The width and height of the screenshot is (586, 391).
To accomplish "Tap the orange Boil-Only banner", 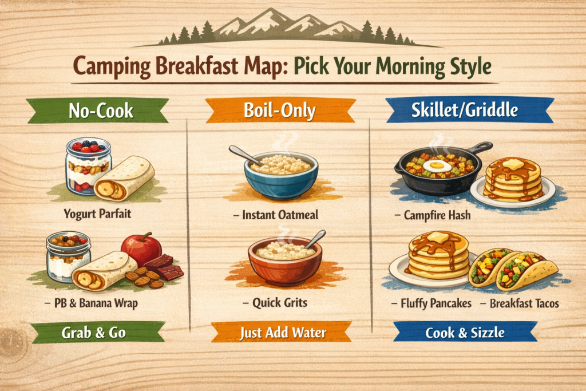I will click(280, 110).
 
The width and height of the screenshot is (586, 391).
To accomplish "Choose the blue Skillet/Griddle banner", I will click(469, 110).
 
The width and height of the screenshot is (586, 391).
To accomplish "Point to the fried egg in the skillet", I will click(437, 165).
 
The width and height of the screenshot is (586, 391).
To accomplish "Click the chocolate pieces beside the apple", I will click(164, 267).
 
